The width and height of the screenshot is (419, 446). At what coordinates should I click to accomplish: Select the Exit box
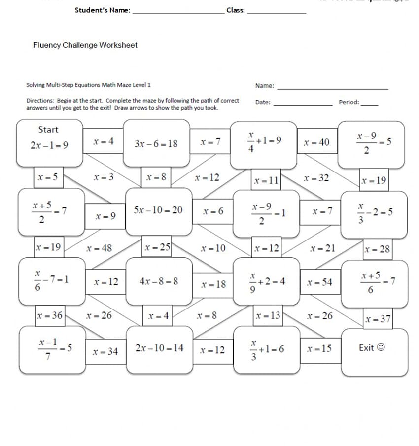375,352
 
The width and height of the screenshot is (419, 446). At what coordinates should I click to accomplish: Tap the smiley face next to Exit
381,348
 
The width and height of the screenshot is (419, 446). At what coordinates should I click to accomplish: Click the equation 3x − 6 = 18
156,144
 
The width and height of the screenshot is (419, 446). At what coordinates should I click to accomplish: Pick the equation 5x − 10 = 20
158,210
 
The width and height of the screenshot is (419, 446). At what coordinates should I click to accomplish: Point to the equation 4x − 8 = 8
159,281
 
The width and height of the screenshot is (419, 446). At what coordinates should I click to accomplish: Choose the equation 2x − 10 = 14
159,348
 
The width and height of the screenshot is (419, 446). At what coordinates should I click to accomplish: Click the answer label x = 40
316,143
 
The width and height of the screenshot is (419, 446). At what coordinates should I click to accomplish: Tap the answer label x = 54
319,283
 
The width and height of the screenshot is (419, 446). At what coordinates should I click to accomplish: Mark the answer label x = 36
50,315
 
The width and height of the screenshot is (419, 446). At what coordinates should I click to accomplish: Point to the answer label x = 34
105,352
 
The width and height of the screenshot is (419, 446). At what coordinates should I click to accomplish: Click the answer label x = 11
267,181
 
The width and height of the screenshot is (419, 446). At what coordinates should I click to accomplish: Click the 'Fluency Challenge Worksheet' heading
85,45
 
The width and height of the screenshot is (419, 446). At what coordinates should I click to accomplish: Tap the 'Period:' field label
349,103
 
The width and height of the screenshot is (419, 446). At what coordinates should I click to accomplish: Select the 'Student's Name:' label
103,10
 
